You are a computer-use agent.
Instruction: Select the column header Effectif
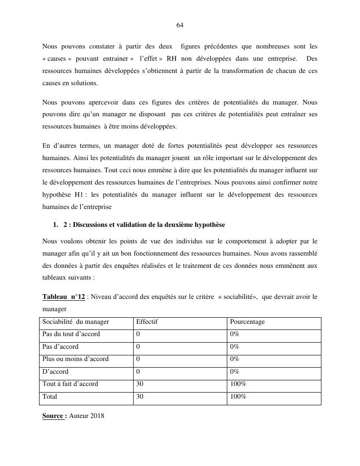click(146, 322)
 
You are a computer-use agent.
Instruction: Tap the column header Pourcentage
click(247, 322)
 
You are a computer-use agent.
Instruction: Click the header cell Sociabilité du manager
click(75, 322)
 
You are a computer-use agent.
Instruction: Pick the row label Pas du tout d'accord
click(71, 334)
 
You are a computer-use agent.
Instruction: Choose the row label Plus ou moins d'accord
click(75, 359)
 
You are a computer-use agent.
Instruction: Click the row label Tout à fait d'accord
click(70, 384)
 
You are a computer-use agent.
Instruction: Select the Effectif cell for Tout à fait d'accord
click(140, 384)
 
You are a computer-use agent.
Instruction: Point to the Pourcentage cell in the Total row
click(238, 397)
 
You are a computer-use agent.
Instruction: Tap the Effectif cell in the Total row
click(140, 397)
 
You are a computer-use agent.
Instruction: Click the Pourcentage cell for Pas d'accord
click(234, 347)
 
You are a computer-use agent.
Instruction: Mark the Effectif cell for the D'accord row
click(138, 372)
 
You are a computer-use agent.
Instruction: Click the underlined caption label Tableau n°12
click(64, 297)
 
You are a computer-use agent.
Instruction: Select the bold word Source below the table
click(53, 416)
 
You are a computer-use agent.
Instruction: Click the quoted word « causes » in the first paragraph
click(56, 59)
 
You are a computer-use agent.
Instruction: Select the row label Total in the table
click(50, 397)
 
